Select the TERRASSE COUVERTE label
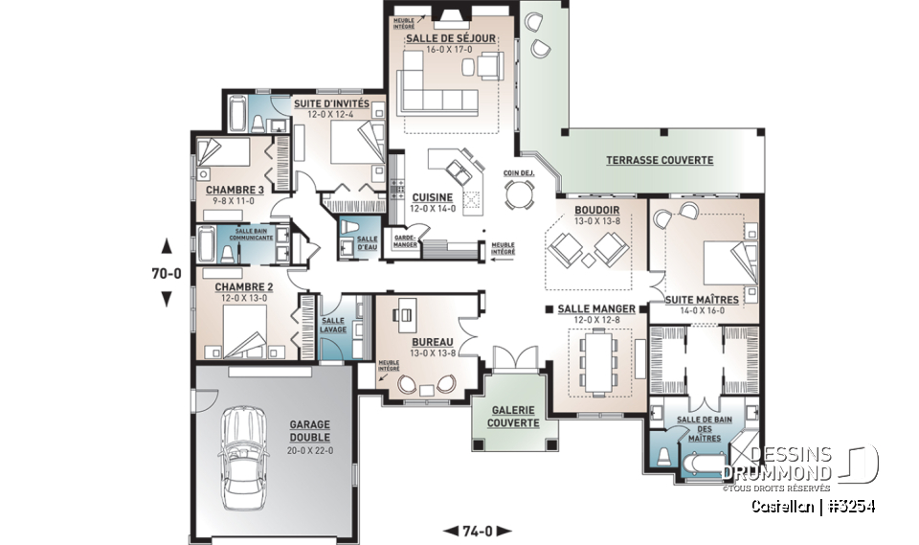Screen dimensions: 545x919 coord(660,160)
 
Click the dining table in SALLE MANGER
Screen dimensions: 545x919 coord(599,360)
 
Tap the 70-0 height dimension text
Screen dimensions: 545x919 coord(167,272)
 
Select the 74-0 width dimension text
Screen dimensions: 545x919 coord(478,530)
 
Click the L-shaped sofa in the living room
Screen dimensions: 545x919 coord(429,81)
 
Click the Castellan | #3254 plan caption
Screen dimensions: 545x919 coord(812,506)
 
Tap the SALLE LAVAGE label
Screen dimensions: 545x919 coord(334,325)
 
